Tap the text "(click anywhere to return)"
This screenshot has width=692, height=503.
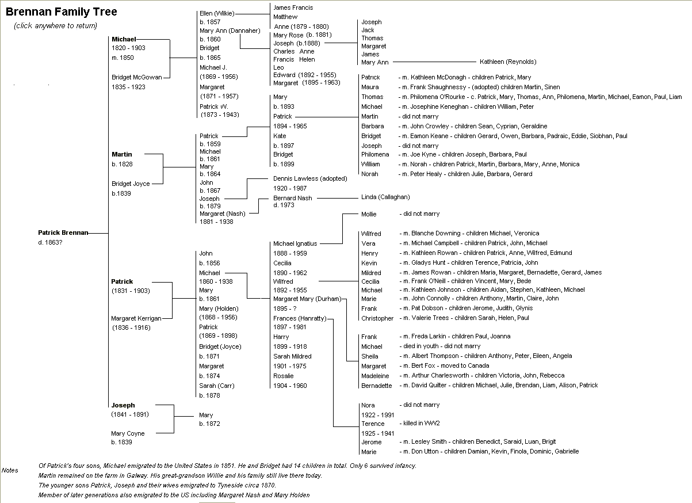[56, 26]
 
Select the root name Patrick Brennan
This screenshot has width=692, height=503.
[63, 233]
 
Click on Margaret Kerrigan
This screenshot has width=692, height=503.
[136, 318]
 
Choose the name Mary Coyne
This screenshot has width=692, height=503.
[128, 433]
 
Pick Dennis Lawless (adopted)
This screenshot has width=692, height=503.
[310, 178]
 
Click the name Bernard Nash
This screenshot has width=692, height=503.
[293, 198]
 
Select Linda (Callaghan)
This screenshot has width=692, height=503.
[385, 197]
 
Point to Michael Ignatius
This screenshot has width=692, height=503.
[295, 243]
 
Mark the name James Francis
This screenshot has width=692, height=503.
[293, 7]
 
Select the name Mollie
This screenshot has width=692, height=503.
[369, 214]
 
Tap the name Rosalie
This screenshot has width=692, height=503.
[284, 376]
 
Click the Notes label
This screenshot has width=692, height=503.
[10, 470]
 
